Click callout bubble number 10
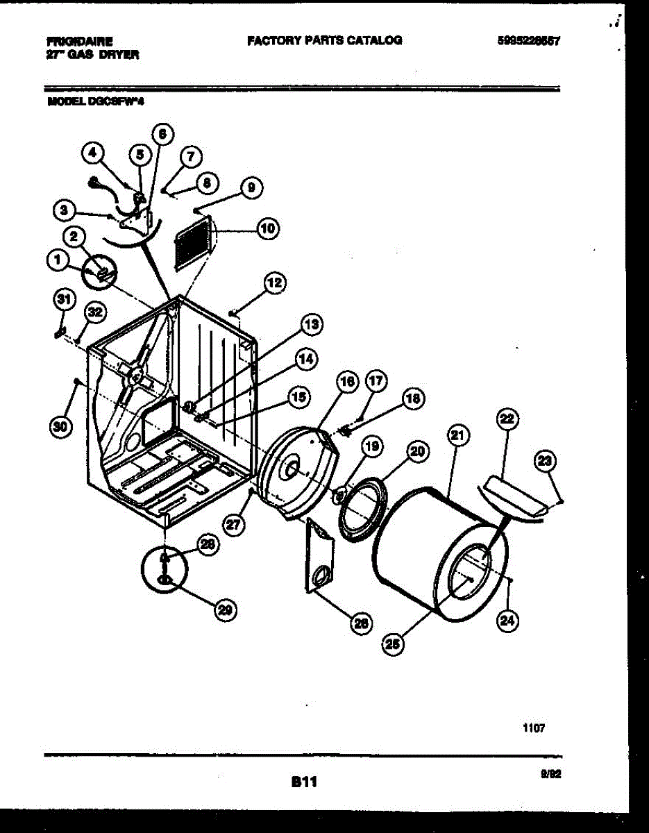click(x=267, y=228)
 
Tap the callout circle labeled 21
click(x=457, y=437)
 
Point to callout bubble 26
click(x=360, y=623)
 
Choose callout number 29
click(x=224, y=609)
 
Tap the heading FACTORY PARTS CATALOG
click(x=323, y=40)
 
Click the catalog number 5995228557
click(x=528, y=41)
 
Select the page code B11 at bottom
click(x=304, y=782)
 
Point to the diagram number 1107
click(x=534, y=727)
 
